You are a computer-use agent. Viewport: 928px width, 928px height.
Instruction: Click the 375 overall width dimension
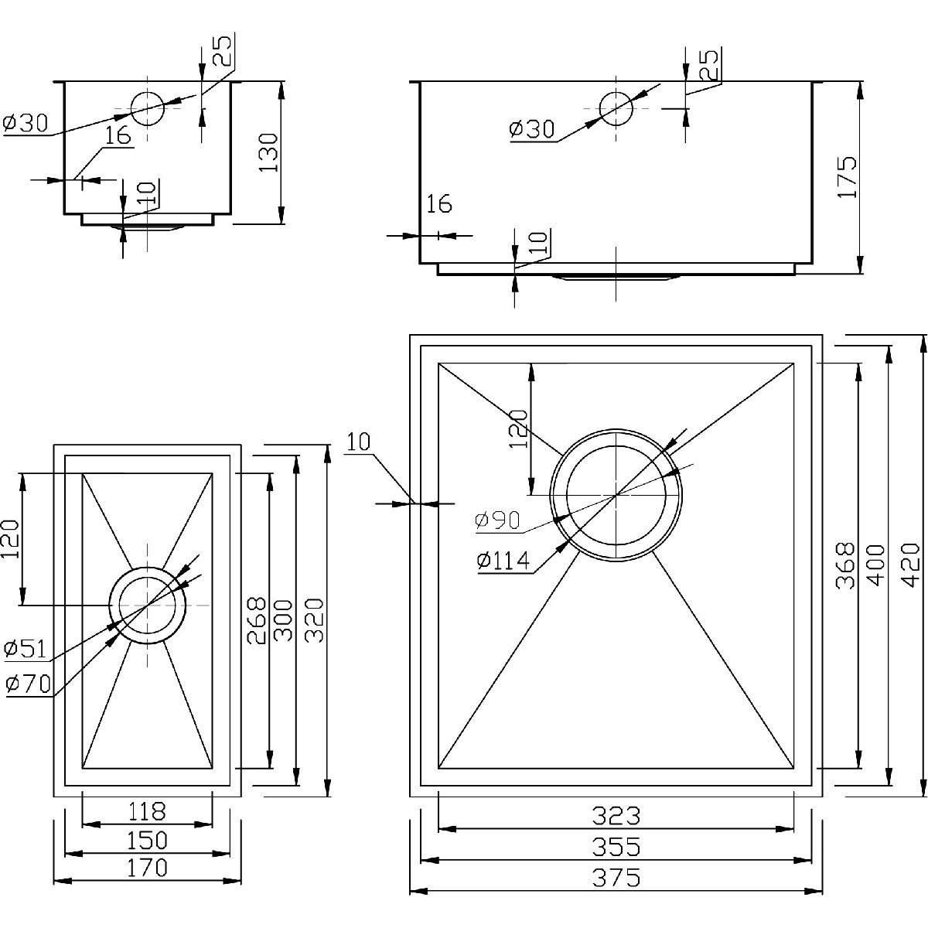click(616, 878)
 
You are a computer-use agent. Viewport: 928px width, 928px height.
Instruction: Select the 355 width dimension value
click(616, 847)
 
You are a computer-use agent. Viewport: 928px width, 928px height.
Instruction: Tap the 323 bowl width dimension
click(616, 816)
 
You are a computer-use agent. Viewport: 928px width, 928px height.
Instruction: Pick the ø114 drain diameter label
click(503, 561)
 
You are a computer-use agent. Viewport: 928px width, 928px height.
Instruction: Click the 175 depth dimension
click(848, 177)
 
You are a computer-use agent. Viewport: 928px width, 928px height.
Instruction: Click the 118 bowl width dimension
click(146, 811)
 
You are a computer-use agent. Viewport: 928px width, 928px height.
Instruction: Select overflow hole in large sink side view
click(616, 108)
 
